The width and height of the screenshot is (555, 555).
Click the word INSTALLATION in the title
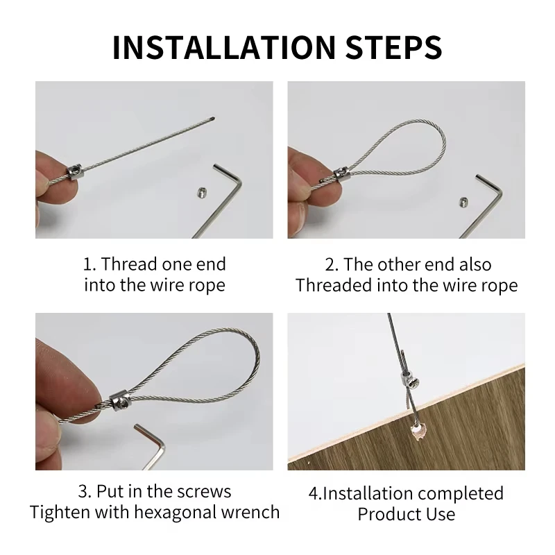tap(223, 47)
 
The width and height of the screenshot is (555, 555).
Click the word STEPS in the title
tap(393, 47)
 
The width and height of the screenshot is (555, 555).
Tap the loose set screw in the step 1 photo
tap(202, 192)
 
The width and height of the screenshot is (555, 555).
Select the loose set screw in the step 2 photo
tap(464, 202)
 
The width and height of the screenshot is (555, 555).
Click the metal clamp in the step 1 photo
tap(74, 172)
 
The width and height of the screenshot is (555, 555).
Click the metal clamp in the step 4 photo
tap(408, 379)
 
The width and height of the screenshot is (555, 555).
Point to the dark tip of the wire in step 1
tap(212, 119)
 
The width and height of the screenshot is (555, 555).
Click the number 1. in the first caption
tap(89, 264)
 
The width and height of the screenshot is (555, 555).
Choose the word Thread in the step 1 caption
tap(129, 264)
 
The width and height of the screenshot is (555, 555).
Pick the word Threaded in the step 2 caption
tap(334, 285)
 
